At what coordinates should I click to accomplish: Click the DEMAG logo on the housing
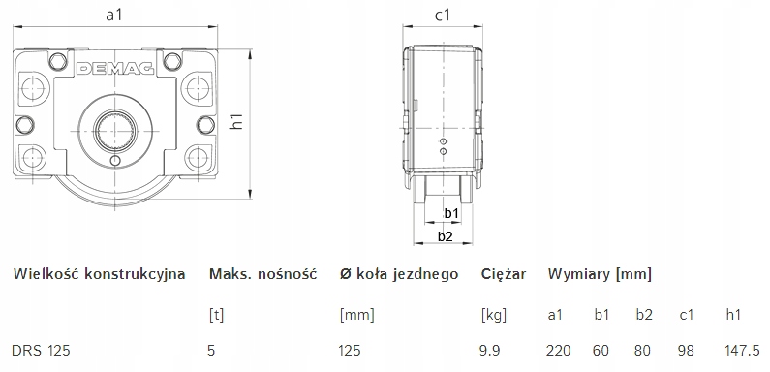click(115, 69)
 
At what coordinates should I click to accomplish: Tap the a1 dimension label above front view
click(114, 15)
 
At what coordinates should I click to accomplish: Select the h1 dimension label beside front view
click(237, 120)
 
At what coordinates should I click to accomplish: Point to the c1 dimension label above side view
click(443, 15)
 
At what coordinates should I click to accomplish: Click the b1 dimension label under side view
click(451, 213)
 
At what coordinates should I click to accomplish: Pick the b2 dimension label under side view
click(445, 236)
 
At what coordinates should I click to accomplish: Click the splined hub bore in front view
click(115, 130)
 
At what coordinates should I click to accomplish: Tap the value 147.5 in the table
click(742, 351)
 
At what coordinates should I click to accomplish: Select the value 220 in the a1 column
click(558, 351)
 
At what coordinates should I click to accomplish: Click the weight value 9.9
click(489, 351)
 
